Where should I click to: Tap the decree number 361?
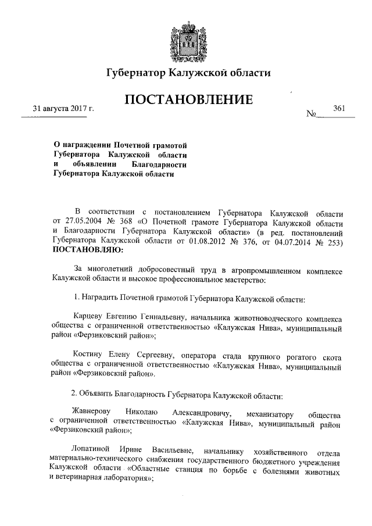[339, 108]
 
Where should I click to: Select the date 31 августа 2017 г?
[63, 109]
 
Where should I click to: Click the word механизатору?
[270, 414]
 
